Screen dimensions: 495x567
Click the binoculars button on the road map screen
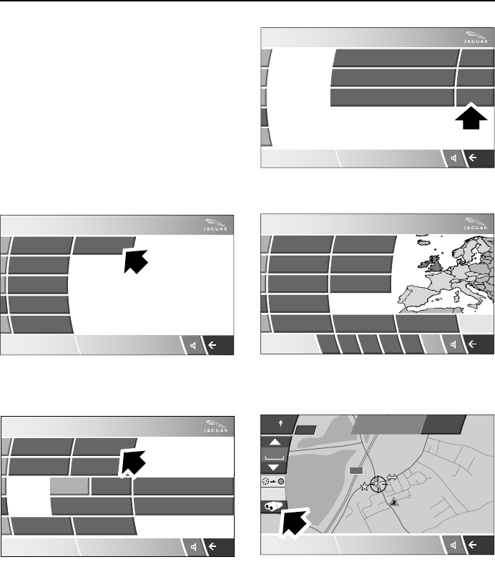(x=273, y=505)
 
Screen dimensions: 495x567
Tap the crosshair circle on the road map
(x=379, y=483)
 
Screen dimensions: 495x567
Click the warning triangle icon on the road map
(x=393, y=503)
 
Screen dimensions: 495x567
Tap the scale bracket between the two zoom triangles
(x=275, y=455)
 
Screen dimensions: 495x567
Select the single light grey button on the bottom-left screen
(x=69, y=486)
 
